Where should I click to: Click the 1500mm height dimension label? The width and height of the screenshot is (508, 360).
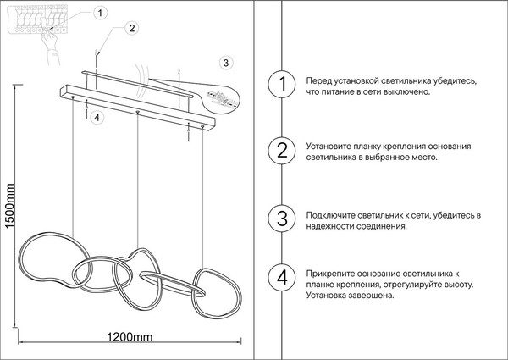coord(10,206)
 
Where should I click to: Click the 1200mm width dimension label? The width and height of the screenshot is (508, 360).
coord(130,337)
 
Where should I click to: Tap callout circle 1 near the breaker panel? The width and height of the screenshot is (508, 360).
coord(100,14)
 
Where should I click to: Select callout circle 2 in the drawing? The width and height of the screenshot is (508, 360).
coord(131,28)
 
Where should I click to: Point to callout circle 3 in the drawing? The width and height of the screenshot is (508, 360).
coord(226,63)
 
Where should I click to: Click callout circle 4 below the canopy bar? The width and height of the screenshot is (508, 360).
coord(97,118)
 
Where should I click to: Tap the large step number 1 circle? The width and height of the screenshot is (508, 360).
coord(282,84)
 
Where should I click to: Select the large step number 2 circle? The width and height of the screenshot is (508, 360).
coord(282,151)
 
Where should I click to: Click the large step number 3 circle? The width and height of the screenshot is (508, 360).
coord(282,218)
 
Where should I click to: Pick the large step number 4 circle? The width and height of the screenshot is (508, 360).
coord(282,278)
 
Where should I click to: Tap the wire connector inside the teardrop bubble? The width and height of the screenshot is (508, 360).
coord(221,98)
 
